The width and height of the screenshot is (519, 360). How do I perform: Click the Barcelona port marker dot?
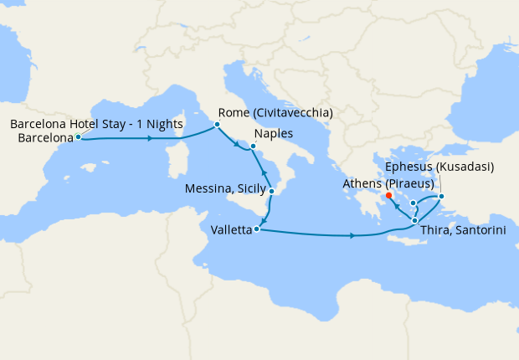click(78, 136)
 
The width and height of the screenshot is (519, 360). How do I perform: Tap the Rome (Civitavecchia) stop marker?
click(217, 125)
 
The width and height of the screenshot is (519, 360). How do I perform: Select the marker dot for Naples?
click(253, 146)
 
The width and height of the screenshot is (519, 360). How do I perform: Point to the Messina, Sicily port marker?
click(272, 191)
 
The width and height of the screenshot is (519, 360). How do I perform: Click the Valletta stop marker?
click(257, 228)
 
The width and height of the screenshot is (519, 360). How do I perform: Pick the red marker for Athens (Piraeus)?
click(389, 198)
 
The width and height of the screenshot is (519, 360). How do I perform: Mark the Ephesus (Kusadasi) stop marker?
click(442, 198)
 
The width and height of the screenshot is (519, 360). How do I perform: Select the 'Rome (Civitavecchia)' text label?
click(275, 112)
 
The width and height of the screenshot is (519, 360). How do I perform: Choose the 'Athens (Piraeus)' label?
click(388, 183)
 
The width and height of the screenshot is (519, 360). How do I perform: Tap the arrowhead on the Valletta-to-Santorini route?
click(352, 236)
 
